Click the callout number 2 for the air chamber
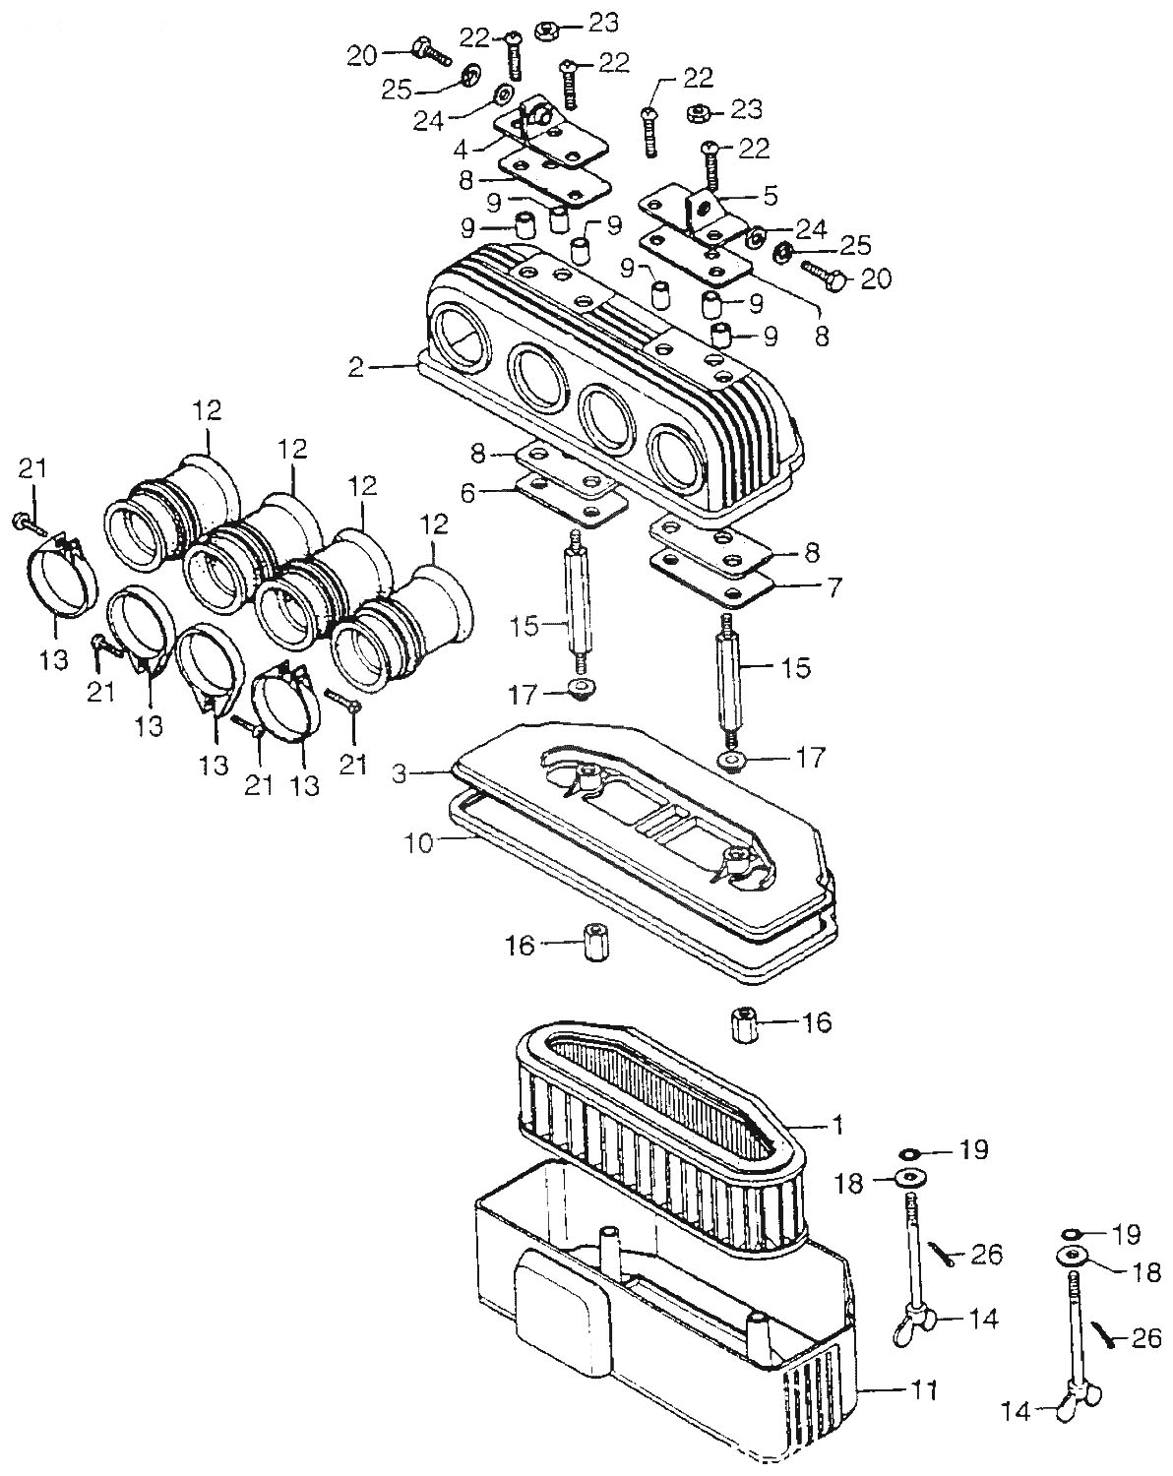pyautogui.click(x=356, y=368)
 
